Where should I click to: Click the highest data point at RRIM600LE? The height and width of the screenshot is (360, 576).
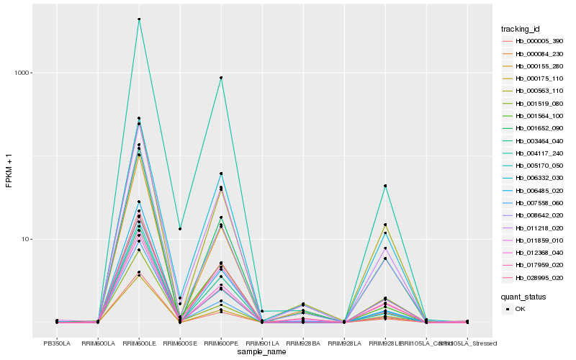coord(139,19)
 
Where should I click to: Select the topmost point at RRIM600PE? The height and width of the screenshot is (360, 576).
coord(221,78)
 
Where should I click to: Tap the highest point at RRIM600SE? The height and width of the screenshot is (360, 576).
coord(180,229)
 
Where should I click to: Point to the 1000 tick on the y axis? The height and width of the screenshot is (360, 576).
coord(24,73)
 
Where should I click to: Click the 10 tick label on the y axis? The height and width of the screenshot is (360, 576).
coord(27,239)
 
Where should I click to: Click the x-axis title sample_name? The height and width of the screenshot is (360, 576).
coord(262,351)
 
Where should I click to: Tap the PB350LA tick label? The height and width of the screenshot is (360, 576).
coord(57,343)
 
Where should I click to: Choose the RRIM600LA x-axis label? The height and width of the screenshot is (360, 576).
coord(98,343)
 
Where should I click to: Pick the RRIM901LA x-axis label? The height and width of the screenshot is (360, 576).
coord(262,343)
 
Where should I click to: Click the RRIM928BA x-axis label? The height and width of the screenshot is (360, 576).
coord(303,343)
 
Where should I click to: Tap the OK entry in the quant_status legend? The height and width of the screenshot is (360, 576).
coord(521,309)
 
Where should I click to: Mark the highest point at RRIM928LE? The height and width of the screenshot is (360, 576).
coord(385,186)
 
